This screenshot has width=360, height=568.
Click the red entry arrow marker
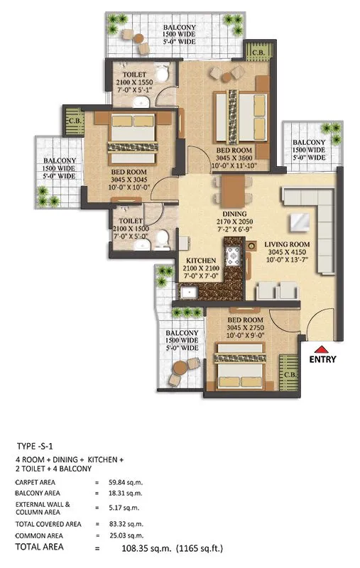pos(322,349)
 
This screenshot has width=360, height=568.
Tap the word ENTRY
pos(322,359)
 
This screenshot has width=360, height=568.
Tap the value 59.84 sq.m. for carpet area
pos(127,481)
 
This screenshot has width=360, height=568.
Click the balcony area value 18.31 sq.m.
pos(127,493)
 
